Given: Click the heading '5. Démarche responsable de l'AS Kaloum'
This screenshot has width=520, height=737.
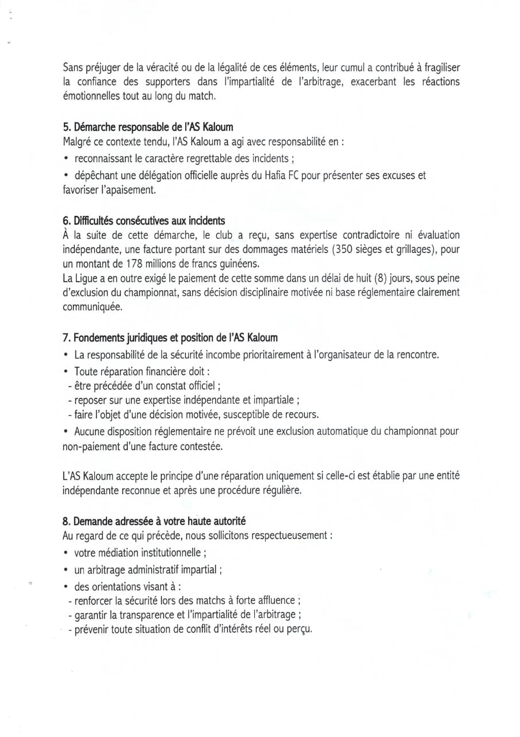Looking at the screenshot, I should tap(148, 126).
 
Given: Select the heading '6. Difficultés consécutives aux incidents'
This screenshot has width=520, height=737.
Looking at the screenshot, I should tap(144, 221).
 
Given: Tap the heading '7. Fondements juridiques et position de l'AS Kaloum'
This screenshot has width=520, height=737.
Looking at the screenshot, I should tap(170, 337).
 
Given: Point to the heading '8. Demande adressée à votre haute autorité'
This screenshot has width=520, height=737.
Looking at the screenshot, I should tap(154, 521).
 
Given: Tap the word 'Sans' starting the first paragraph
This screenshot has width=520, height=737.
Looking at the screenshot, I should tap(72, 67).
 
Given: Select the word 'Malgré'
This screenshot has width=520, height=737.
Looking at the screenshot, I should tap(77, 141).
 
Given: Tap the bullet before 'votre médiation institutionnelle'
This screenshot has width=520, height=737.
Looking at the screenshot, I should tap(68, 553).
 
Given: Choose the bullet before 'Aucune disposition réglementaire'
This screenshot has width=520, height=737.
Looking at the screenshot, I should tap(68, 431).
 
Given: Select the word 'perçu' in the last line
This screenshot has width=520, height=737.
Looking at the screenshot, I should tap(299, 629).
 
